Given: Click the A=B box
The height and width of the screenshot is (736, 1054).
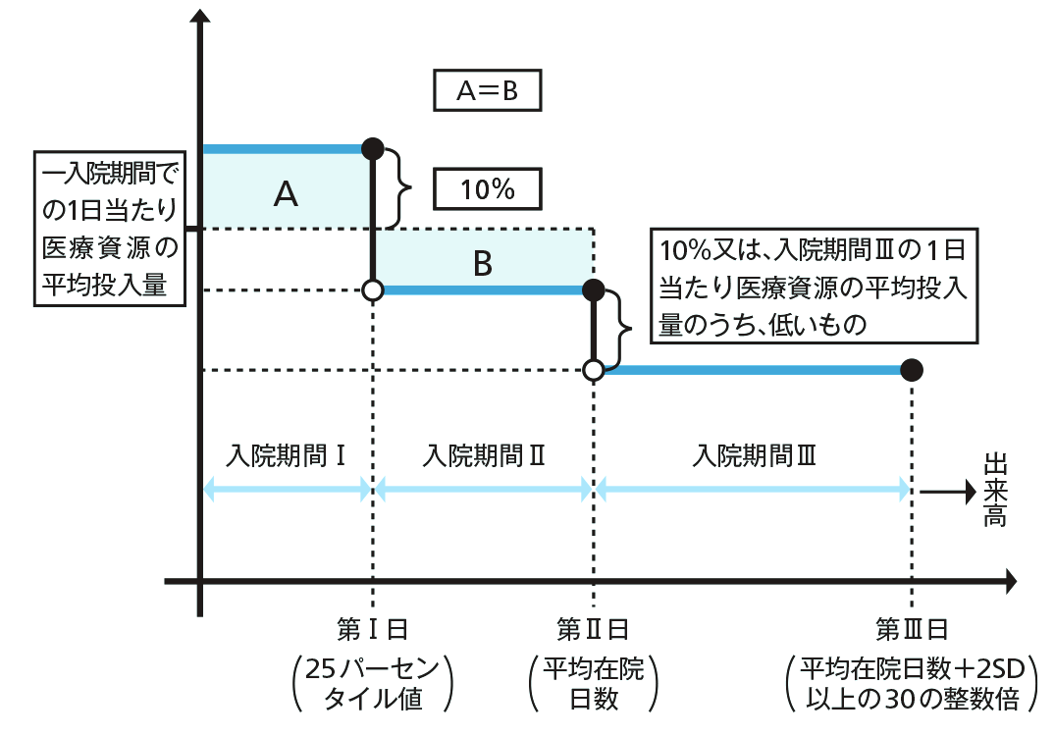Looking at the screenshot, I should coord(487,91).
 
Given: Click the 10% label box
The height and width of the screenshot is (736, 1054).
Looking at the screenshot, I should coord(487,189).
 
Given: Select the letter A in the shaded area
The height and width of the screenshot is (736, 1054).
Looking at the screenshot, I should coord(286,195).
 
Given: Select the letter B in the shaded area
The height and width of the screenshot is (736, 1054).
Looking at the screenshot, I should coord(482,263).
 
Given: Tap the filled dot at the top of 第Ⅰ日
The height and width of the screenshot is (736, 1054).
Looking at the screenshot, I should coord(373,148).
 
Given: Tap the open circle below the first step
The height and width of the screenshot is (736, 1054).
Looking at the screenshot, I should coord(373,290).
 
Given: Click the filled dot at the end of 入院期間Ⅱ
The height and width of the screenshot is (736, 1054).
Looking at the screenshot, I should coord(594,289).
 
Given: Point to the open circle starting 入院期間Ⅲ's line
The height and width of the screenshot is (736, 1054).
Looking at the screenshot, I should coord(594,370).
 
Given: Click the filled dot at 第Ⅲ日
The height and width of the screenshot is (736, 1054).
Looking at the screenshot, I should coord(912,370).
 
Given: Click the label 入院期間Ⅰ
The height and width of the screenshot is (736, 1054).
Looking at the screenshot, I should coord(285,456).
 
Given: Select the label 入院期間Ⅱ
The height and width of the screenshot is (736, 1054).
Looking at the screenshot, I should coord(484,456).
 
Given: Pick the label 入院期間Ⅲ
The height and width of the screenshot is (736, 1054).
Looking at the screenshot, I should coord(753,456).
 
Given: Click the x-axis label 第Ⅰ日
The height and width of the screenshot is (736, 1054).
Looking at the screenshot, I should coord(372,628).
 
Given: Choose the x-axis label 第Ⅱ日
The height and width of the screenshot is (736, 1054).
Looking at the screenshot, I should coord(593,628).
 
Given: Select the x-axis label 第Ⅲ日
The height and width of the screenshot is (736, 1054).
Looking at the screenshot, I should coord(912,628).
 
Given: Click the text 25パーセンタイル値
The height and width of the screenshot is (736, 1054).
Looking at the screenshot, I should coord(372,684).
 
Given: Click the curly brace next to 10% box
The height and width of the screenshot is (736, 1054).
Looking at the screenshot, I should coord(397,187).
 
